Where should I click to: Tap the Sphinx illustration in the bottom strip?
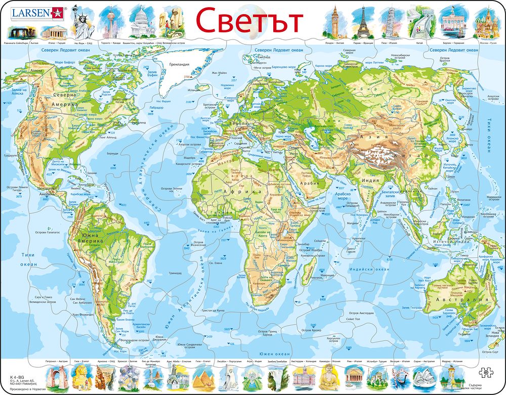click(x=81, y=377)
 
